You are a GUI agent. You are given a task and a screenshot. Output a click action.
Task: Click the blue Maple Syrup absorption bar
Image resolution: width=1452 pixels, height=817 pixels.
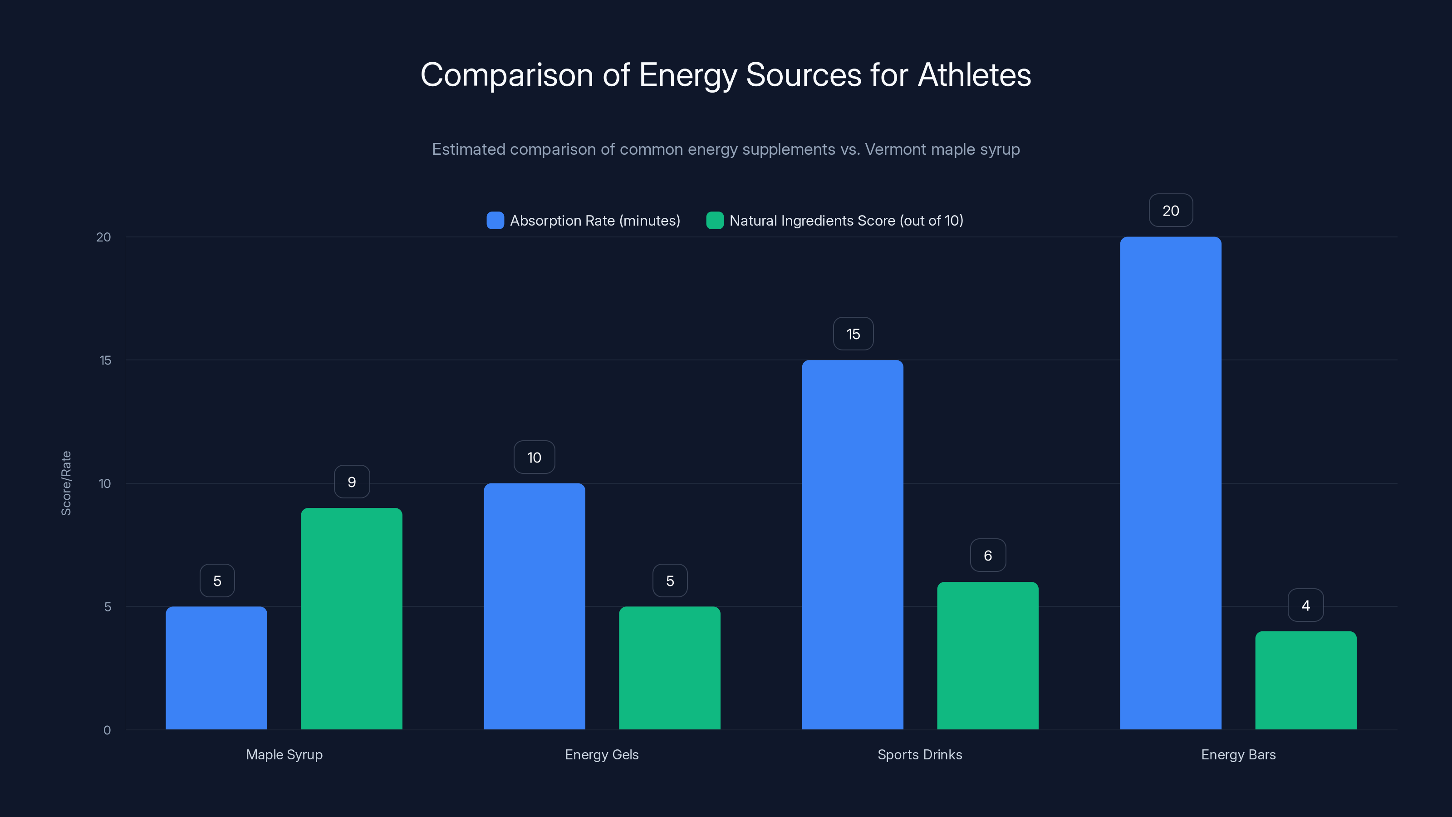pyautogui.click(x=216, y=668)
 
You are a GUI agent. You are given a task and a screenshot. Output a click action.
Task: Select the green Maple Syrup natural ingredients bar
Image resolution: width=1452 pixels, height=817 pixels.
pyautogui.click(x=351, y=619)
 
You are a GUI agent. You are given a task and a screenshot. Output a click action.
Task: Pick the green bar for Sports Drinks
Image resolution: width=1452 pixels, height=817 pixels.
pyautogui.click(x=987, y=656)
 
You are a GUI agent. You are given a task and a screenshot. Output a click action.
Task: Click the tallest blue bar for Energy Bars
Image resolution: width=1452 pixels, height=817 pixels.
pyautogui.click(x=1170, y=483)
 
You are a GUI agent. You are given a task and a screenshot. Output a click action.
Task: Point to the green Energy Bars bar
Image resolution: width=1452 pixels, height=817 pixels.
pyautogui.click(x=1305, y=680)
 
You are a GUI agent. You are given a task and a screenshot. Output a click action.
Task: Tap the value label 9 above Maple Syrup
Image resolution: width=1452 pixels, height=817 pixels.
pyautogui.click(x=352, y=482)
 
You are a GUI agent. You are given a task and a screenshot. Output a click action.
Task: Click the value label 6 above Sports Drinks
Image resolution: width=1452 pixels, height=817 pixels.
pyautogui.click(x=987, y=556)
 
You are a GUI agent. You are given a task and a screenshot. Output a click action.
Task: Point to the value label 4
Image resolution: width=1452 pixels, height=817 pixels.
pyautogui.click(x=1305, y=605)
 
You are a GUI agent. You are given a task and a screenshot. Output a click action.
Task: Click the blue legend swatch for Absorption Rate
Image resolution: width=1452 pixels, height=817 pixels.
pyautogui.click(x=495, y=221)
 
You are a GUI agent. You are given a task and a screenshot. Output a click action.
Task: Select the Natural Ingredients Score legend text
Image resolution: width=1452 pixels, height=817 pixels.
pyautogui.click(x=846, y=221)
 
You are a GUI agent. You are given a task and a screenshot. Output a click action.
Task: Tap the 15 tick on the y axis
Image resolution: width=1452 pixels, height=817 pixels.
pyautogui.click(x=105, y=360)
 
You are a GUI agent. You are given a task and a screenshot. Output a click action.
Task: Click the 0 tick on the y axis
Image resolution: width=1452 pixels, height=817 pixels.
pyautogui.click(x=107, y=730)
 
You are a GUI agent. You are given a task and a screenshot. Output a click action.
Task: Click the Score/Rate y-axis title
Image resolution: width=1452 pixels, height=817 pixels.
pyautogui.click(x=66, y=483)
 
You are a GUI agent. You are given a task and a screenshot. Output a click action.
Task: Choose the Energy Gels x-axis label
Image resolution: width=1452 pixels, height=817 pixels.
pyautogui.click(x=601, y=754)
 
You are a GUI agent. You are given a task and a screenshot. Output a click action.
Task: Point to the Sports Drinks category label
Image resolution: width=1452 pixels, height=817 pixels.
pyautogui.click(x=919, y=754)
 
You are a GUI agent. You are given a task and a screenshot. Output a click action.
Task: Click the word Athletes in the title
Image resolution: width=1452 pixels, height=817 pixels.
pyautogui.click(x=974, y=75)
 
